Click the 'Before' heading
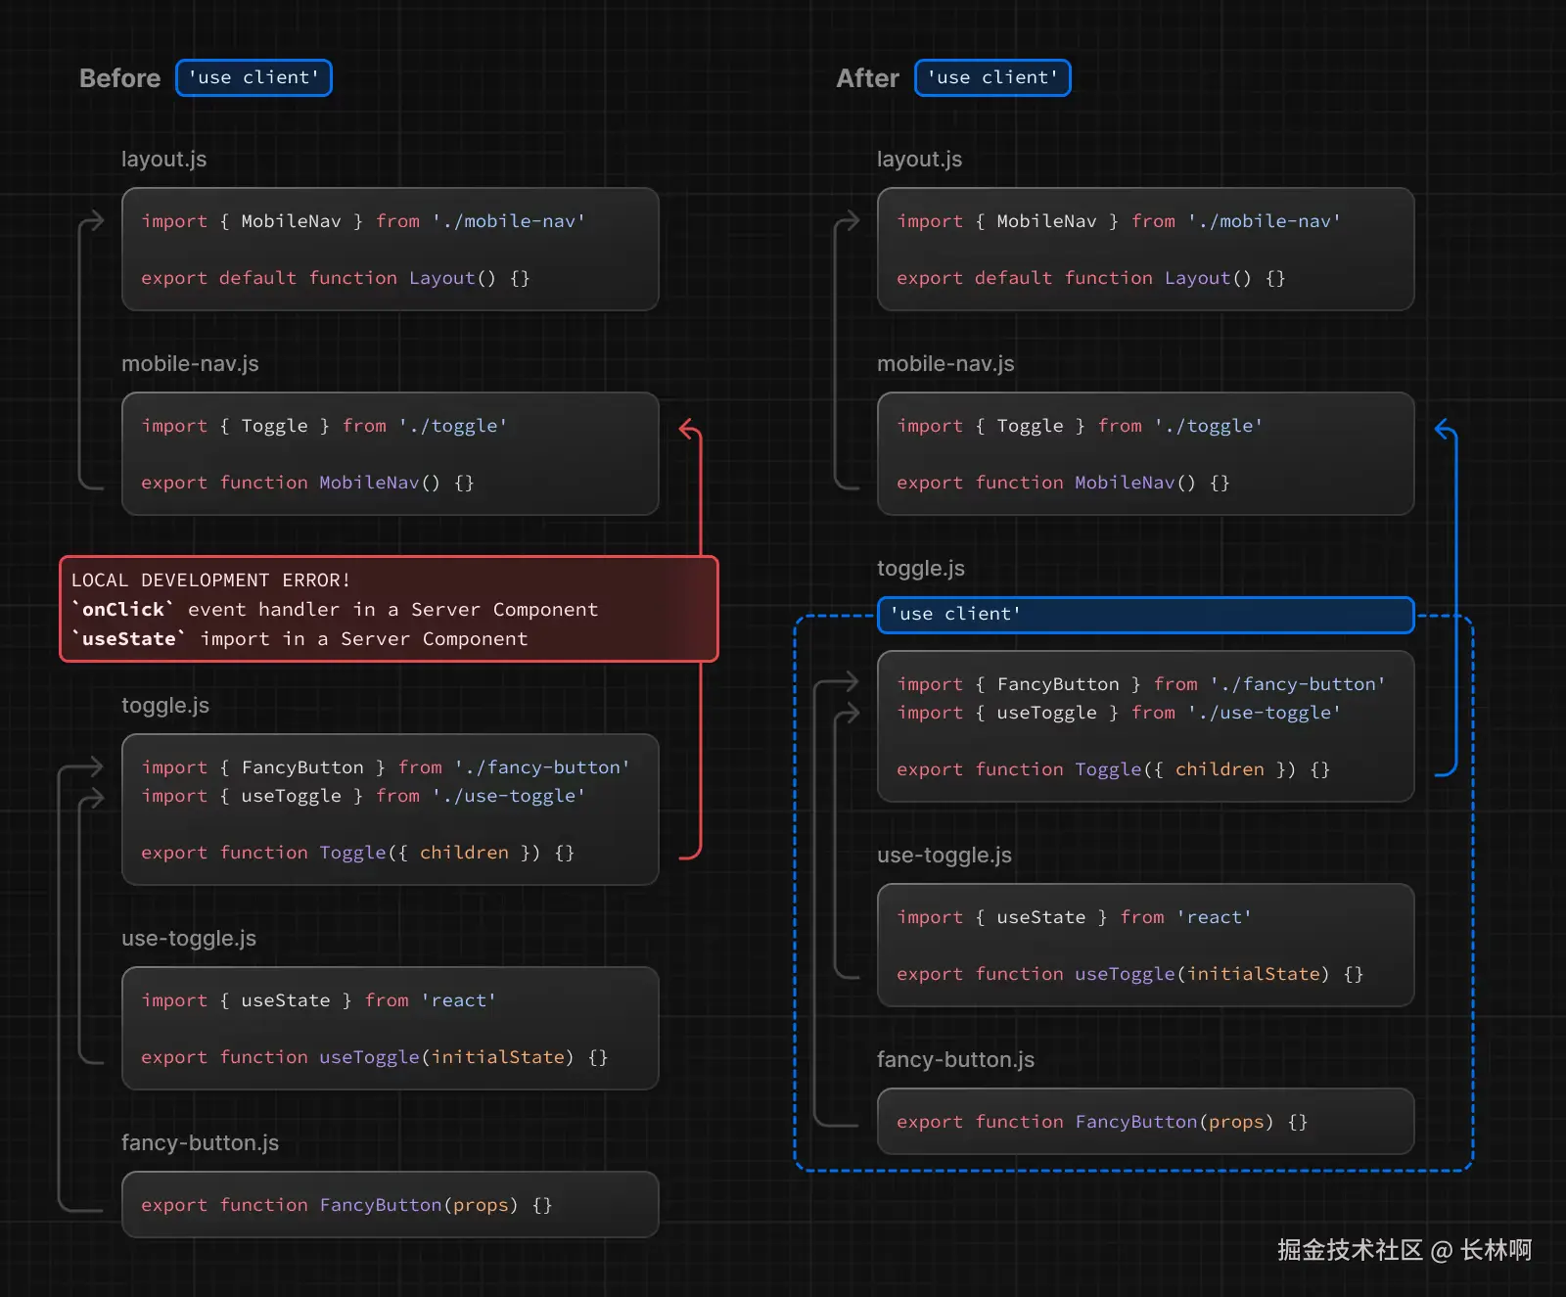119,78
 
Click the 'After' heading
867,78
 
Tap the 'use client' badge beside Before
253,78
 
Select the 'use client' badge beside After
992,78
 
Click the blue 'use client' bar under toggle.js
1145,614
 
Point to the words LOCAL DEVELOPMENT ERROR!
210,580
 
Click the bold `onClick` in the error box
123,610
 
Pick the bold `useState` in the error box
129,639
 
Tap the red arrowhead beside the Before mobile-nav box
689,428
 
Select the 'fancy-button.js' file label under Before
200,1142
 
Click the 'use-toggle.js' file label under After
944,855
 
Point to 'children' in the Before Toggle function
464,853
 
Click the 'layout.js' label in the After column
919,159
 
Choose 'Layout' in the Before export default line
441,278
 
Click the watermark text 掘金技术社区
1349,1250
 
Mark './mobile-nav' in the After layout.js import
1264,221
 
